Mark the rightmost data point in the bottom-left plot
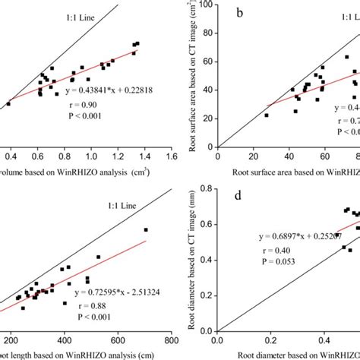point(146,229)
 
